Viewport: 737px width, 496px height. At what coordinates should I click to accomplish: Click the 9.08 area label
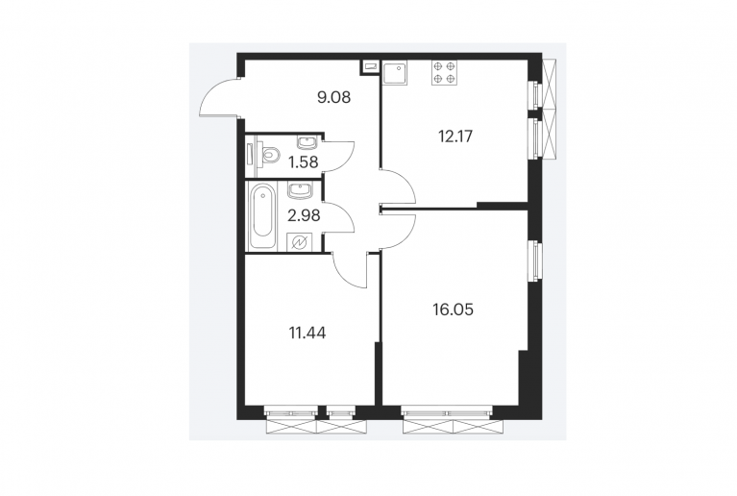(333, 98)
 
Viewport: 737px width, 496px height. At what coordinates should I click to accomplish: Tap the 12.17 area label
(455, 136)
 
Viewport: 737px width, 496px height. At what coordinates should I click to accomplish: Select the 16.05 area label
(453, 310)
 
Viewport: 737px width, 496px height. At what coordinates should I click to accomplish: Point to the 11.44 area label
(307, 334)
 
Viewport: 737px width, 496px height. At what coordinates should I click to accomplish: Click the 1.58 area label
(304, 162)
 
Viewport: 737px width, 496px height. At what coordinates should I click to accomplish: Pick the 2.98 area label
(304, 215)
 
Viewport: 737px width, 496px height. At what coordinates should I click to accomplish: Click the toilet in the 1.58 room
(269, 154)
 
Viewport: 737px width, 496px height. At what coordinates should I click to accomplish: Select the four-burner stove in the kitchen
(444, 72)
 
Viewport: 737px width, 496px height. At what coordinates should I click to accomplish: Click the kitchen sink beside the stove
(395, 72)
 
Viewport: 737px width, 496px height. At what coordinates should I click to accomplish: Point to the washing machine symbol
(299, 242)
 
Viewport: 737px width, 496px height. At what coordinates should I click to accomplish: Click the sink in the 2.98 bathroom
(299, 191)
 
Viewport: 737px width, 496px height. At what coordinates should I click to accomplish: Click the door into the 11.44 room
(348, 270)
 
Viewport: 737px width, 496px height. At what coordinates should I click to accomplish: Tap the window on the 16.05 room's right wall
(535, 260)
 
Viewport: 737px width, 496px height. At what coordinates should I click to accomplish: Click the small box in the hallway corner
(370, 67)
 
